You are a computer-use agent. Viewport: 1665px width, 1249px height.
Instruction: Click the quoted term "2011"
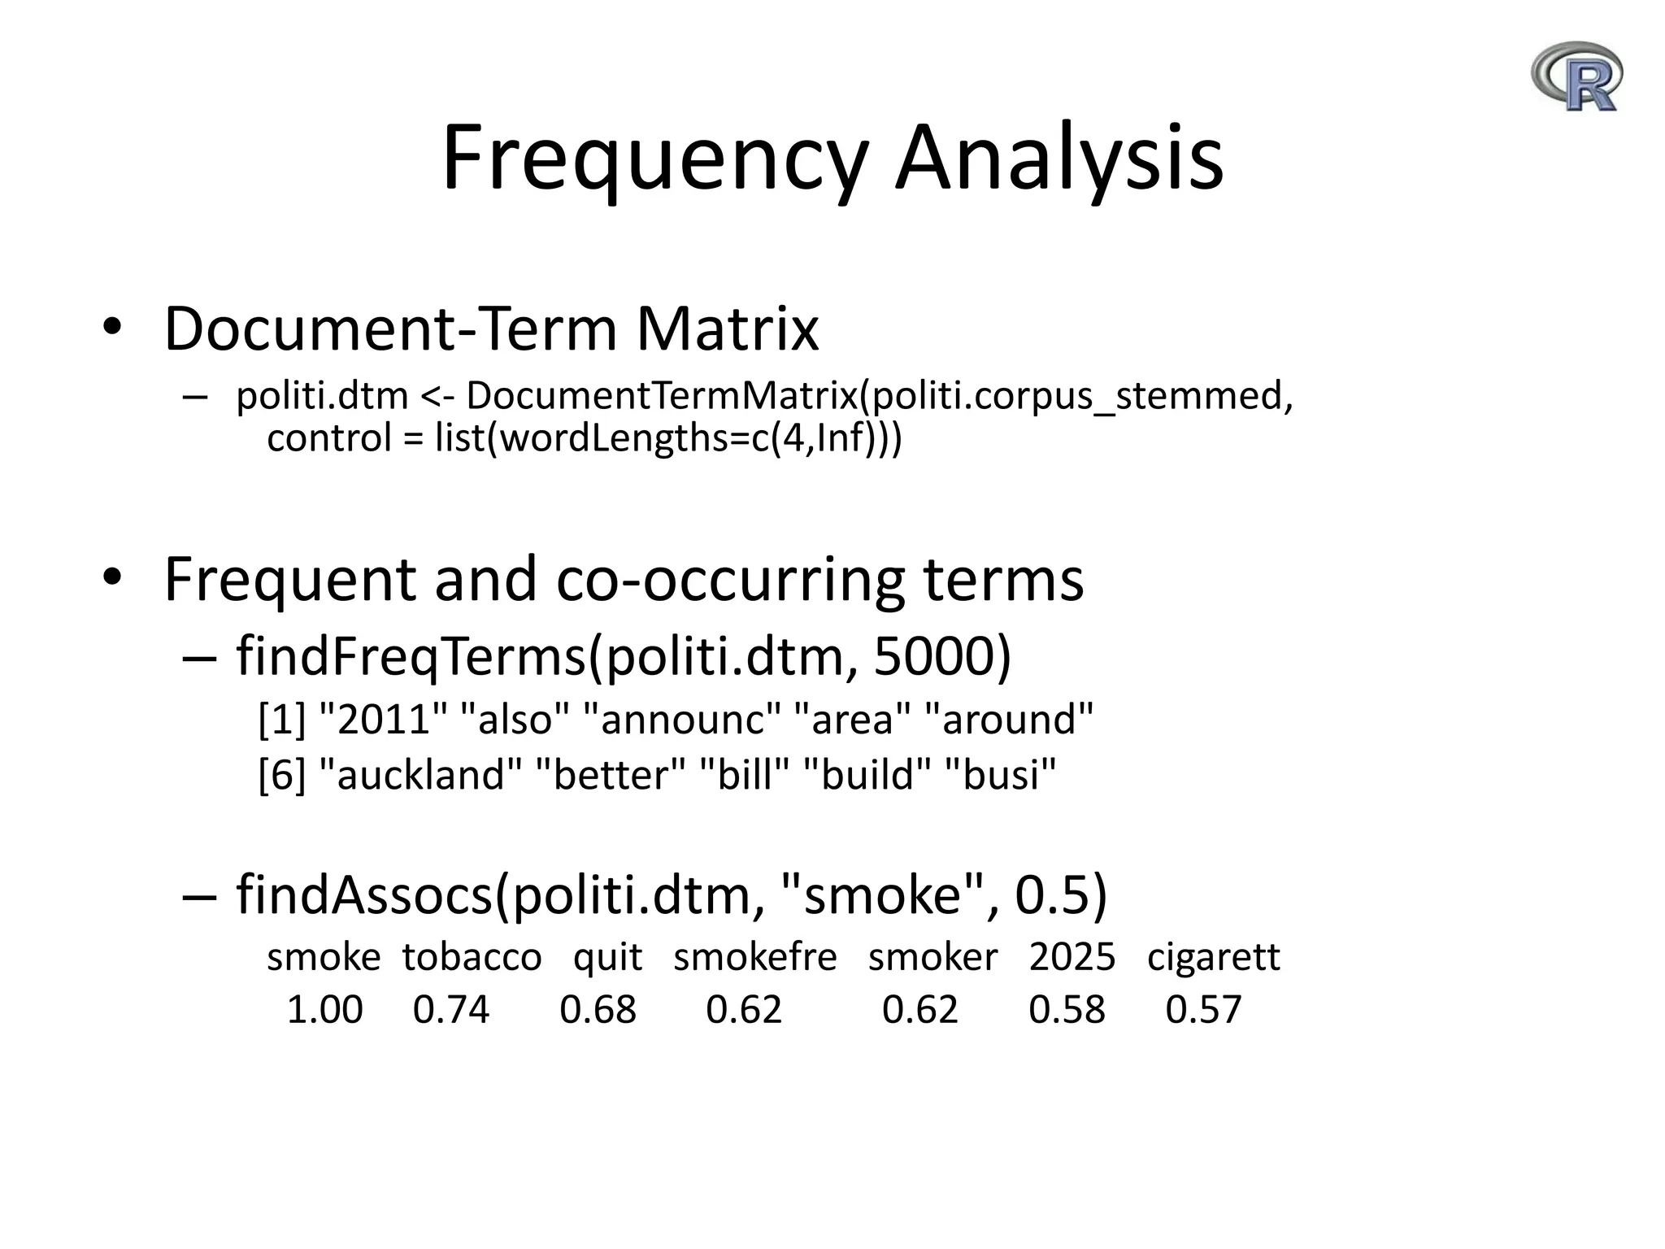point(385,720)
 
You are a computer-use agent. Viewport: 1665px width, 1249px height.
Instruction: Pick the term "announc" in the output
point(682,720)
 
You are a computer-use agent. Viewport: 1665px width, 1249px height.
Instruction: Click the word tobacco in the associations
point(472,957)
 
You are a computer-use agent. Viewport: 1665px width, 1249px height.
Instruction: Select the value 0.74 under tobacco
point(451,1010)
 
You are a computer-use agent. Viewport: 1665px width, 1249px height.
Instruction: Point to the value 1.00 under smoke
point(324,1010)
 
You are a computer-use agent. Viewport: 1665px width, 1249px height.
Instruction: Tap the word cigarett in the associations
point(1213,957)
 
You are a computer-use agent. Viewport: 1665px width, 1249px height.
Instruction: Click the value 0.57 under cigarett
point(1203,1010)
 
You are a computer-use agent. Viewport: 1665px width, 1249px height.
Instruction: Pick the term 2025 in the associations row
point(1072,957)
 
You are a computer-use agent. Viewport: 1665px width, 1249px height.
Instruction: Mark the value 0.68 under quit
point(598,1010)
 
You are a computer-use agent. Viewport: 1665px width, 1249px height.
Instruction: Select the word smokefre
point(754,957)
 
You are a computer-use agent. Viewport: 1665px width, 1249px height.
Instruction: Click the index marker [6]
point(281,774)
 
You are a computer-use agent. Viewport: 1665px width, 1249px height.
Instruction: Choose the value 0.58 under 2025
point(1067,1010)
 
